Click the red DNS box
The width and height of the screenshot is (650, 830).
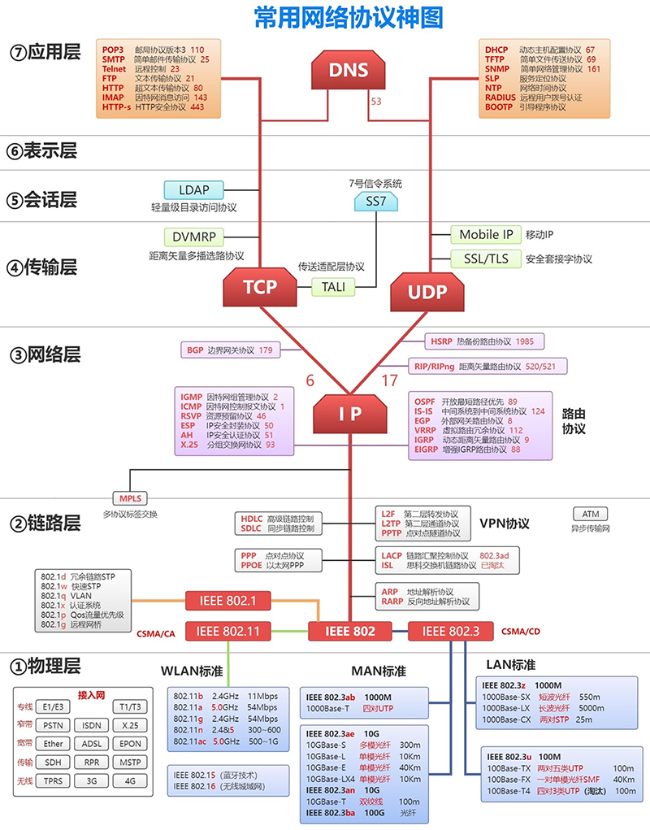pos(349,71)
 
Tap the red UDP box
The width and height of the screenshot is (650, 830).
pos(428,292)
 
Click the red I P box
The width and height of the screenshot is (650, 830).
pos(350,413)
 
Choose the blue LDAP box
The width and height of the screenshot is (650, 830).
pos(193,190)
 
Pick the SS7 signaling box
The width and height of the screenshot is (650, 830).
pos(375,200)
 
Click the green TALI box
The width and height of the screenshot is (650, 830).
pos(333,286)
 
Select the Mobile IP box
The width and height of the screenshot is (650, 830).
pos(486,234)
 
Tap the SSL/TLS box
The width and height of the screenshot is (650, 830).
pos(486,259)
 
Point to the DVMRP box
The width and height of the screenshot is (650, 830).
pos(192,237)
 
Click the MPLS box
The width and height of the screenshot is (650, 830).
pos(130,498)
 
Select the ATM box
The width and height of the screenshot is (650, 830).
pos(590,514)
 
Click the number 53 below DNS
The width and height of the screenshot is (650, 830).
pos(376,102)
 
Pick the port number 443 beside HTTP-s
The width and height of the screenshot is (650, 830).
pos(197,106)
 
